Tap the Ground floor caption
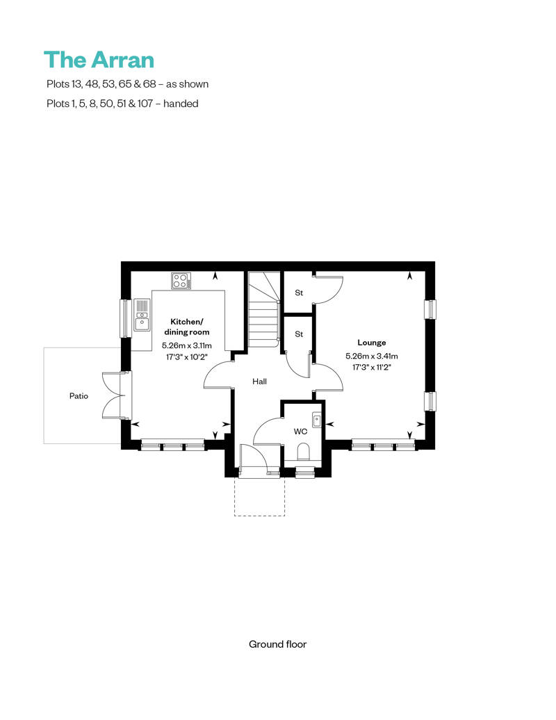[277, 644]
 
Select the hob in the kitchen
[181, 281]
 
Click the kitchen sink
[142, 316]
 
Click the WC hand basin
[317, 418]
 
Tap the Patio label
[79, 396]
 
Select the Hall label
[259, 381]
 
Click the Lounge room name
[372, 343]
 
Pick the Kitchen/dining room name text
[187, 327]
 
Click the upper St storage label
[299, 293]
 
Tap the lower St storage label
[299, 334]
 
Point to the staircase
[263, 313]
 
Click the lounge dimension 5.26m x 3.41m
[372, 357]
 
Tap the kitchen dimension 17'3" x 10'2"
[187, 356]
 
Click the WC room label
[300, 432]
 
